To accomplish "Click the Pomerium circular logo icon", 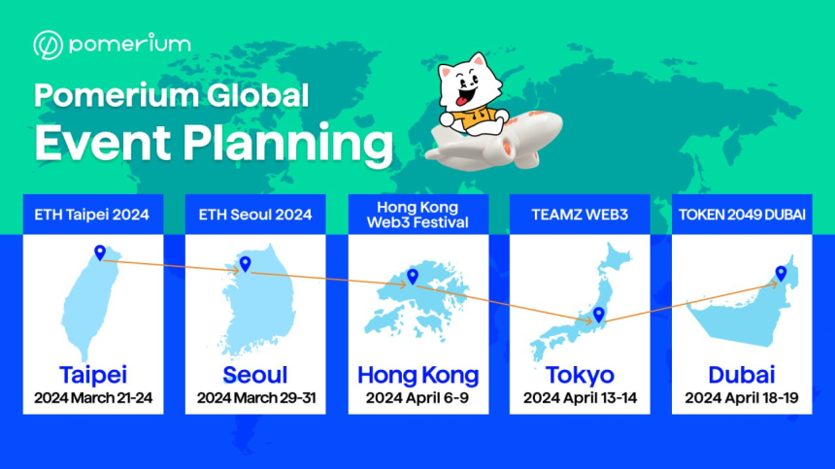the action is click(48, 45).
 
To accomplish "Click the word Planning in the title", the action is click(288, 144).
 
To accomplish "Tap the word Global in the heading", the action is click(257, 96).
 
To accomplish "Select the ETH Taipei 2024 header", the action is click(91, 215).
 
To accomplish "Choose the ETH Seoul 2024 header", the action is click(255, 215).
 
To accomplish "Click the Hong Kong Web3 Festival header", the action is click(417, 215).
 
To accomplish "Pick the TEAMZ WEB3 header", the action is click(580, 215).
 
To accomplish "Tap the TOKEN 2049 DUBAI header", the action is click(742, 215).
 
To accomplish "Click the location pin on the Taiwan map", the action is click(100, 252).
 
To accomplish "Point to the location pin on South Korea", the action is click(245, 263).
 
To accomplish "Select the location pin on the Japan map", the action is click(598, 314).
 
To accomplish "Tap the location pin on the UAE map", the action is click(781, 274).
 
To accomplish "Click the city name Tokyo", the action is click(580, 375).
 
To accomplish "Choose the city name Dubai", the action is click(741, 375).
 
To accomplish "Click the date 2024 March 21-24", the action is click(93, 398).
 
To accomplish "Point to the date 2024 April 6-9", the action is click(417, 398).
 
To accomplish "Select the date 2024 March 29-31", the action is click(256, 398).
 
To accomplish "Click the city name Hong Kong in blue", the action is click(418, 376).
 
